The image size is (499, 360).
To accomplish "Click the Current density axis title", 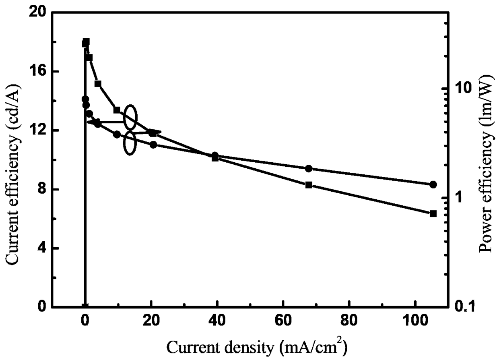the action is [x=257, y=348].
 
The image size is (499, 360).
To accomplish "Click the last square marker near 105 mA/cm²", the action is [x=433, y=213].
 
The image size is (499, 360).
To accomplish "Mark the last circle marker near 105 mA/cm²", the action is [x=433, y=184].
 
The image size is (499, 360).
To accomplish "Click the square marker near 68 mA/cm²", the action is [x=309, y=185].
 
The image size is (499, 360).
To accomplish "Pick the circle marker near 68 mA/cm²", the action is [x=309, y=169].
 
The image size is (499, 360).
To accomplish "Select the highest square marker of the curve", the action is [x=86, y=42].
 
